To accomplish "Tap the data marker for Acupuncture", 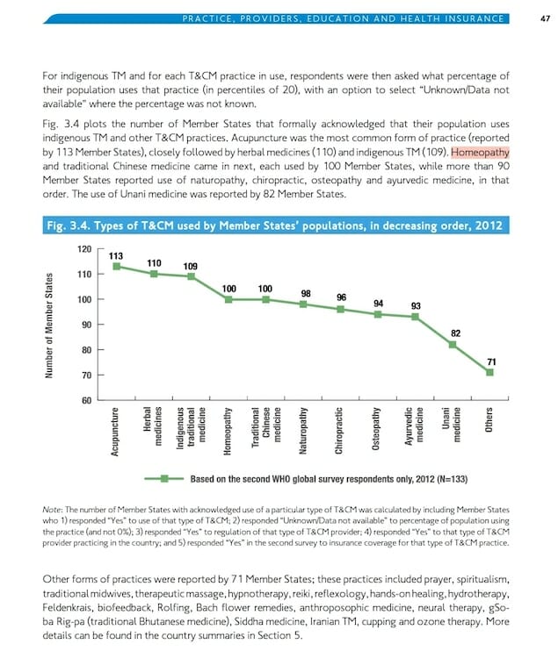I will (x=115, y=267).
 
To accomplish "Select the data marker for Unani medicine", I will (x=453, y=345).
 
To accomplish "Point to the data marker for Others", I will (x=490, y=372).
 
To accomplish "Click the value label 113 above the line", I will (x=115, y=255).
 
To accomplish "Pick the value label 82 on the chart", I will (x=454, y=333).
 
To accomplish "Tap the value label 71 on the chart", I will (x=491, y=360).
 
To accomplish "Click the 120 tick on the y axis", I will (x=85, y=249).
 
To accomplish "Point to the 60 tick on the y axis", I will (x=87, y=401).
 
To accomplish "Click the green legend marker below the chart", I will (x=163, y=480).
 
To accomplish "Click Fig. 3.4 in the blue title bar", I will (x=72, y=226).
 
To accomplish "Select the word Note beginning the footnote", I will (x=53, y=511).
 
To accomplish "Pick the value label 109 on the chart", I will (x=191, y=265).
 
